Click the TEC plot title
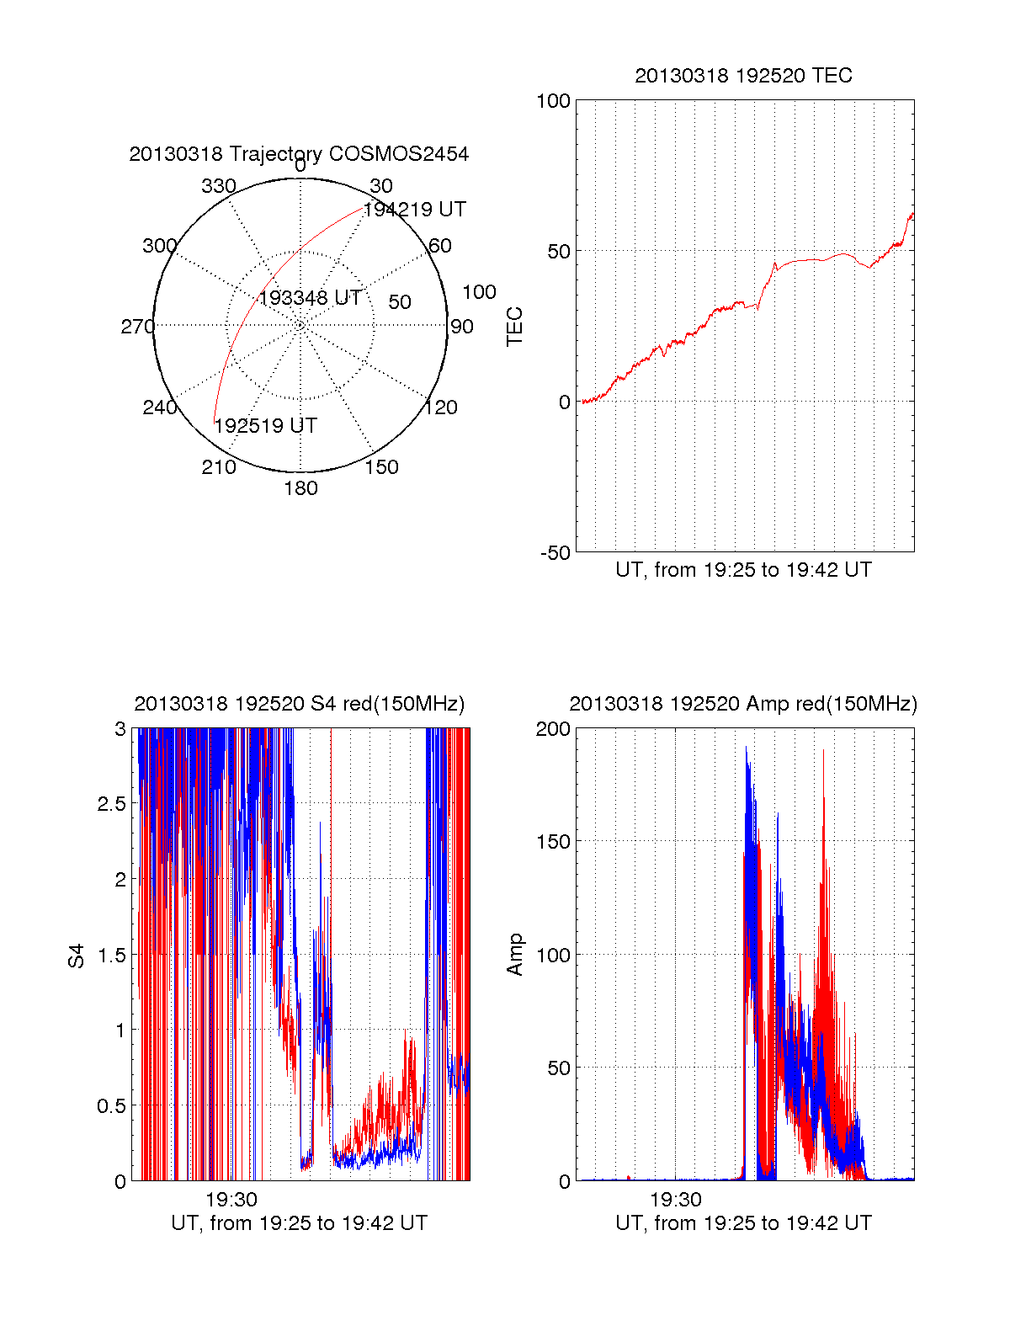pyautogui.click(x=743, y=76)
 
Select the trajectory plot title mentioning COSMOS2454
pyautogui.click(x=299, y=154)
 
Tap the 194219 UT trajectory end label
pyautogui.click(x=414, y=210)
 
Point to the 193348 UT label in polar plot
pyautogui.click(x=310, y=298)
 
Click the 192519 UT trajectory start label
pyautogui.click(x=265, y=426)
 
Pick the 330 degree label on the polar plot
pyautogui.click(x=219, y=186)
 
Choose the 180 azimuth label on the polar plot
pyautogui.click(x=300, y=488)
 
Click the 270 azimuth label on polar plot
pyautogui.click(x=137, y=327)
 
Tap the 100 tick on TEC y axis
pyautogui.click(x=553, y=101)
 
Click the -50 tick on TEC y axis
pyautogui.click(x=555, y=553)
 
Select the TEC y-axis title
pyautogui.click(x=514, y=327)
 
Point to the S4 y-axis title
pyautogui.click(x=77, y=956)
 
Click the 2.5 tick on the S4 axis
pyautogui.click(x=112, y=804)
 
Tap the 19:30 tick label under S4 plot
pyautogui.click(x=231, y=1200)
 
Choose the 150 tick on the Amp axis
pyautogui.click(x=553, y=842)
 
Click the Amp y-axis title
pyautogui.click(x=514, y=955)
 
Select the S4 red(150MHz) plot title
pyautogui.click(x=299, y=704)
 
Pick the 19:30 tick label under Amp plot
pyautogui.click(x=675, y=1200)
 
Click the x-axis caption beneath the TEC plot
pyautogui.click(x=743, y=570)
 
